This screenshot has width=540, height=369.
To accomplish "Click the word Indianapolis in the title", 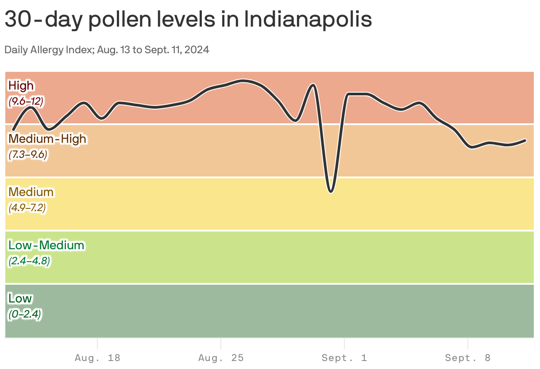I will (x=308, y=20).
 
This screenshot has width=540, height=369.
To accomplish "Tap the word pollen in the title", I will (x=143, y=20).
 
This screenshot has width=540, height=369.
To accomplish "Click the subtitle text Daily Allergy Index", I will (x=49, y=50).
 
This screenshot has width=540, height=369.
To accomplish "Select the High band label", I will (x=21, y=85).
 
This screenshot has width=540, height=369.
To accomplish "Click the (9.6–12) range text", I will (x=26, y=101).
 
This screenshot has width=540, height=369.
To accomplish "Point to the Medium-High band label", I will (x=47, y=139).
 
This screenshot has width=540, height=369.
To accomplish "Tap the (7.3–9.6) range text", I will (x=27, y=155).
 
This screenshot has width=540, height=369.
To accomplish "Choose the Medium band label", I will (x=31, y=192).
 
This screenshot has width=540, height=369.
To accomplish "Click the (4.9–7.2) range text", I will (x=27, y=208).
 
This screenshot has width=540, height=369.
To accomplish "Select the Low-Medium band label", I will (x=46, y=245).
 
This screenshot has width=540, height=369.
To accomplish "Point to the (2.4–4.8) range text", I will (x=29, y=261).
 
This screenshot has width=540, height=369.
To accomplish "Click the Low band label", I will (x=20, y=298).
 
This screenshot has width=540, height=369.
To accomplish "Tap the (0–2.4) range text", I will (x=25, y=314).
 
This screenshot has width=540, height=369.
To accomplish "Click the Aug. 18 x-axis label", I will (x=97, y=358).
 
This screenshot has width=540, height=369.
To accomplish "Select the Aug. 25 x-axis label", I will (x=221, y=358).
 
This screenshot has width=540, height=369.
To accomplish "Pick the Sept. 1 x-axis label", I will (x=344, y=358).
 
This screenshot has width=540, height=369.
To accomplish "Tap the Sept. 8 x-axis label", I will (x=468, y=358).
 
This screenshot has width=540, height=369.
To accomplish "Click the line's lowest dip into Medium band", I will (x=331, y=191).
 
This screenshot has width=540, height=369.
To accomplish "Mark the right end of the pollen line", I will (x=525, y=141).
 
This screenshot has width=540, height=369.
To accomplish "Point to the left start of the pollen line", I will (x=13, y=130).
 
